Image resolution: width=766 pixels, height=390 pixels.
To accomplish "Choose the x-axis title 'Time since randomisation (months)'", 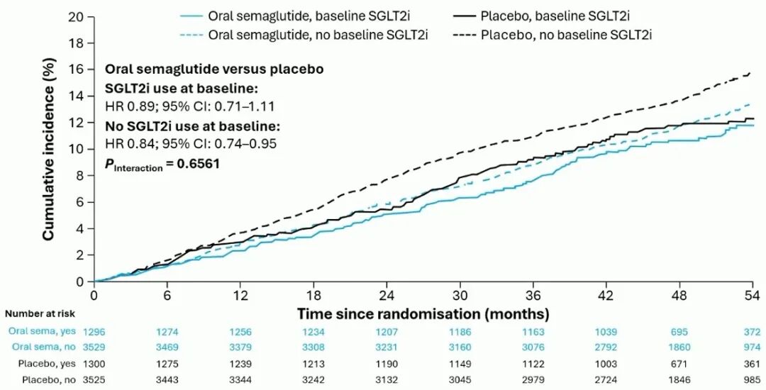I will [x=423, y=312].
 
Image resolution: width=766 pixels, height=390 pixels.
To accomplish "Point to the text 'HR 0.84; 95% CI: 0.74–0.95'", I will [x=179, y=144].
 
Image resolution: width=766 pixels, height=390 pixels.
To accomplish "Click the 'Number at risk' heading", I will [x=40, y=313].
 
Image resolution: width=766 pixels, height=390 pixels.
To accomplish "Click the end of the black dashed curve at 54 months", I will [x=751, y=72].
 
